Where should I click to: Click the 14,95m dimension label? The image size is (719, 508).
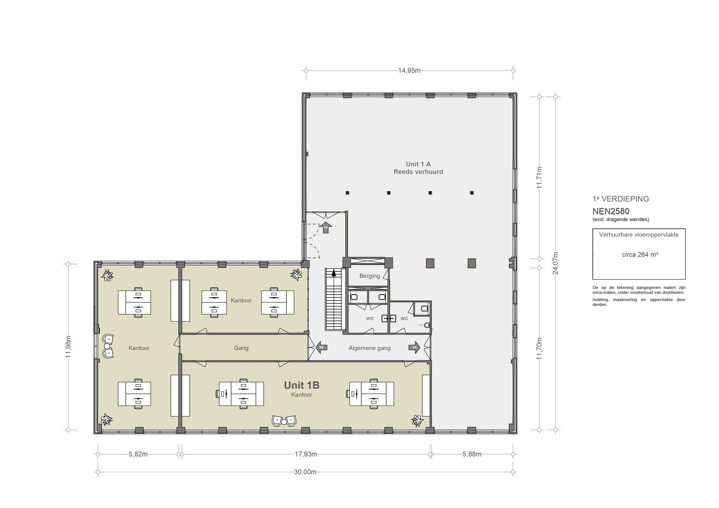409,71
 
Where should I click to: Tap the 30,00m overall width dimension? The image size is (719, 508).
305,472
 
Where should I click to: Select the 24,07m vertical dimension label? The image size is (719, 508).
555,263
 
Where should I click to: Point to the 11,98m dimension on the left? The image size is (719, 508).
68,347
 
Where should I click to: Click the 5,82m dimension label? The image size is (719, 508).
138,454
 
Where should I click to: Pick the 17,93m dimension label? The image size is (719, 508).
306,454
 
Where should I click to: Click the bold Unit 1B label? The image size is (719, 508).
302,385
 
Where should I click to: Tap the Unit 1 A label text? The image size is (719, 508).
418,164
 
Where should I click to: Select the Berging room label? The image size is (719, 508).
369,276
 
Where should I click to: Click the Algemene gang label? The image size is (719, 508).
369,348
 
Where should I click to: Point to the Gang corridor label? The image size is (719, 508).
241,348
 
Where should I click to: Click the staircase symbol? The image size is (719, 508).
334,299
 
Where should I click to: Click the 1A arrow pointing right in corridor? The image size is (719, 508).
414,348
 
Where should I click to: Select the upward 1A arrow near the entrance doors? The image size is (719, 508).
326,227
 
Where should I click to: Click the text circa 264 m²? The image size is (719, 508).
640,255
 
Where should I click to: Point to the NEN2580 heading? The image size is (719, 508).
611,211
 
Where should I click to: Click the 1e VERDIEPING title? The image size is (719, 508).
621,199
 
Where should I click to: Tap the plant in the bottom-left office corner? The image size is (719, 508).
106,420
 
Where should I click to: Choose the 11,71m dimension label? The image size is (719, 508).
539,178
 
